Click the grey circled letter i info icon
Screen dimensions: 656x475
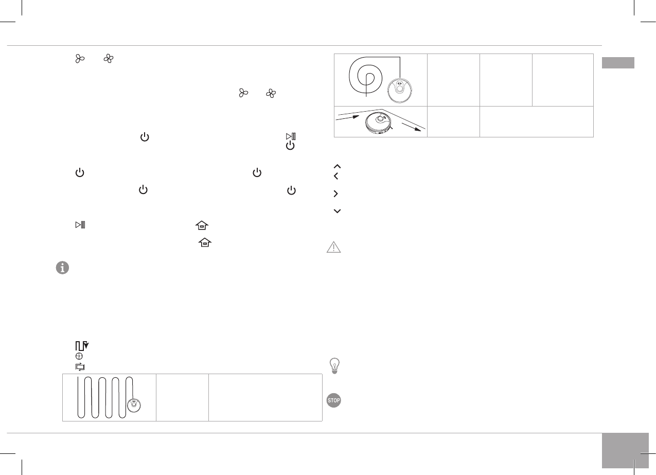[x=62, y=268]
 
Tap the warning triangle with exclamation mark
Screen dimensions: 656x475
[x=334, y=248]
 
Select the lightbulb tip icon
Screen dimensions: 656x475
[x=334, y=365]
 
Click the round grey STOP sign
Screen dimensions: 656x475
[x=334, y=400]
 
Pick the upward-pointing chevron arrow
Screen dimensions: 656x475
[x=337, y=166]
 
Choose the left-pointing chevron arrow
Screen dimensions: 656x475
[x=336, y=177]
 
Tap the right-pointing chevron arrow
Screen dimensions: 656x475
[x=336, y=194]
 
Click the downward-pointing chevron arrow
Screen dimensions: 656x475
[x=337, y=211]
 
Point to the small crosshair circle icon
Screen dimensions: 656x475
[x=79, y=356]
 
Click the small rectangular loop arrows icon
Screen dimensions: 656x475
[x=80, y=367]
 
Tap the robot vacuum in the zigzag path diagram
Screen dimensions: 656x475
[x=136, y=404]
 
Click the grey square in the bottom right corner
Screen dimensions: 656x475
[x=619, y=451]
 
